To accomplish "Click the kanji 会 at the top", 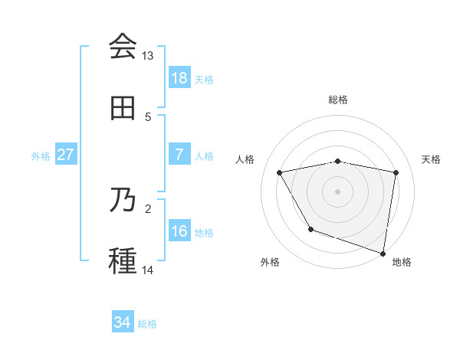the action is pyautogui.click(x=123, y=47).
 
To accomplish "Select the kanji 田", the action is pyautogui.click(x=123, y=108).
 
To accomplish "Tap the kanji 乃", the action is pyautogui.click(x=123, y=200).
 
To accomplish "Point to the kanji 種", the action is pyautogui.click(x=123, y=261).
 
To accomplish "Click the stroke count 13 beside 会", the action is pyautogui.click(x=148, y=56).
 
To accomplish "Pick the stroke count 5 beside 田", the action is pyautogui.click(x=148, y=117).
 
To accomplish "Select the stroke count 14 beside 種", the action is pyautogui.click(x=148, y=270).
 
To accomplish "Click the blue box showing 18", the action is pyautogui.click(x=179, y=78).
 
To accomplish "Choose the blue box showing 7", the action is pyautogui.click(x=179, y=155).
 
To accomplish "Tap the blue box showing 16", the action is pyautogui.click(x=179, y=231).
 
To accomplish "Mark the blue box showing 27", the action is pyautogui.click(x=65, y=155).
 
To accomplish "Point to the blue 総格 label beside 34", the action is pyautogui.click(x=147, y=324).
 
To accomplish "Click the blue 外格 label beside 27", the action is pyautogui.click(x=41, y=155).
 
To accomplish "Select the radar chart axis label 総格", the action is pyautogui.click(x=338, y=100).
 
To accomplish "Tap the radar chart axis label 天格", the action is pyautogui.click(x=431, y=159).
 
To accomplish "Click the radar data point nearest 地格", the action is pyautogui.click(x=383, y=253).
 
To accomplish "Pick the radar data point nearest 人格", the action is pyautogui.click(x=280, y=172).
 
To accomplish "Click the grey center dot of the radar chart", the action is pyautogui.click(x=338, y=191).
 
